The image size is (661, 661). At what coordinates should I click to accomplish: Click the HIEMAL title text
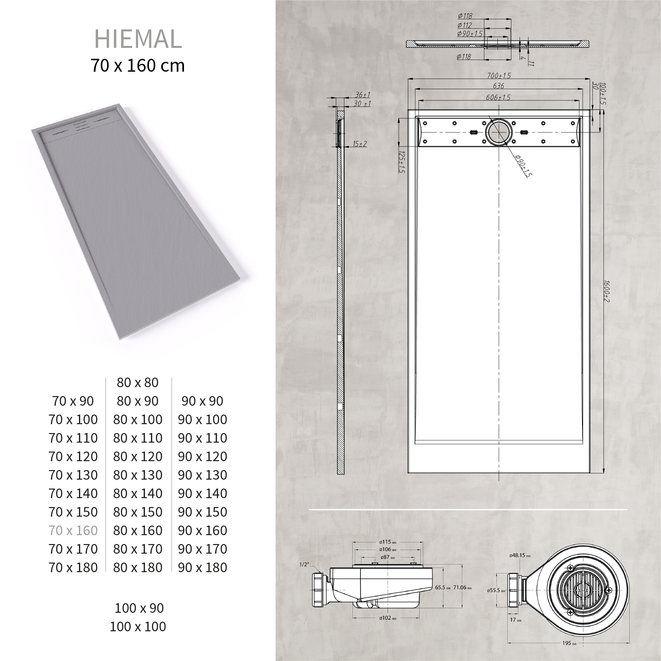137,39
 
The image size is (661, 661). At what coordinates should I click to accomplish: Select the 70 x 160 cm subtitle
137,65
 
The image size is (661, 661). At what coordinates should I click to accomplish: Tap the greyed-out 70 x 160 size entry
73,530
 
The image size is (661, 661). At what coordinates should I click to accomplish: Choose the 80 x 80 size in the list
137,383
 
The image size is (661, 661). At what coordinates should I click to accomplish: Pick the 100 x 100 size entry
137,626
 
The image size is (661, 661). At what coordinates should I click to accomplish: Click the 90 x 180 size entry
202,567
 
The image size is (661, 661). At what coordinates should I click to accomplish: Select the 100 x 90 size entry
139,608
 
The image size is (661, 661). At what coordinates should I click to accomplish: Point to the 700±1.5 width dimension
499,76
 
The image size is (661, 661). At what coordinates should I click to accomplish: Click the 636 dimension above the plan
498,86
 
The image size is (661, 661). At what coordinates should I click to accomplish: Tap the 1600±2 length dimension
606,291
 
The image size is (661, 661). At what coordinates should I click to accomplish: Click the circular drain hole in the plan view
499,132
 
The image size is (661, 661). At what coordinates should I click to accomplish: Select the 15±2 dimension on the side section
360,144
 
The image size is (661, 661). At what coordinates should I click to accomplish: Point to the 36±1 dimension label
362,95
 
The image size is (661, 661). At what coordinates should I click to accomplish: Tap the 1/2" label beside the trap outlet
304,565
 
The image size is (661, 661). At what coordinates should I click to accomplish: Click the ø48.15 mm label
520,556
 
